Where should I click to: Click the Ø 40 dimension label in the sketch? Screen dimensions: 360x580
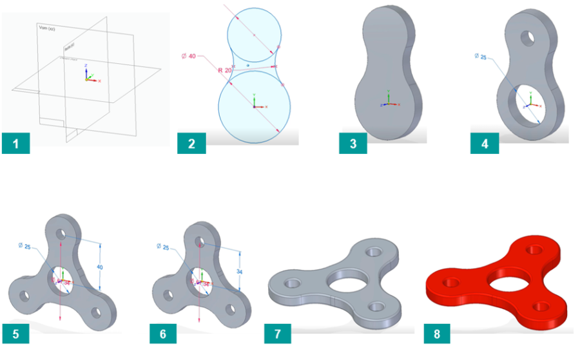pyautogui.click(x=188, y=56)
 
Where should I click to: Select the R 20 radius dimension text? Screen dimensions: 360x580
pyautogui.click(x=224, y=70)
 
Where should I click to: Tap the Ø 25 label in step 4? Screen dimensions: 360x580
pyautogui.click(x=481, y=57)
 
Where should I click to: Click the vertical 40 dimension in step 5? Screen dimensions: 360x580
pyautogui.click(x=99, y=266)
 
